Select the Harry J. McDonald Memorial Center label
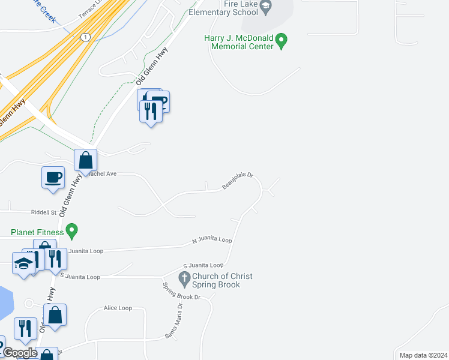click(x=238, y=42)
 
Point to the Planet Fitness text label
click(x=37, y=232)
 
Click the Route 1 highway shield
click(x=85, y=37)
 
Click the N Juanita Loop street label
click(x=212, y=241)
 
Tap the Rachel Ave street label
click(x=102, y=173)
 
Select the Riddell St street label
click(x=44, y=212)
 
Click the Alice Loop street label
click(x=118, y=308)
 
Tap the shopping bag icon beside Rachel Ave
click(x=86, y=160)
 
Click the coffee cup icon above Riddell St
click(x=53, y=177)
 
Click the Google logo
click(x=20, y=353)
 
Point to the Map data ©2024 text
click(x=423, y=355)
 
